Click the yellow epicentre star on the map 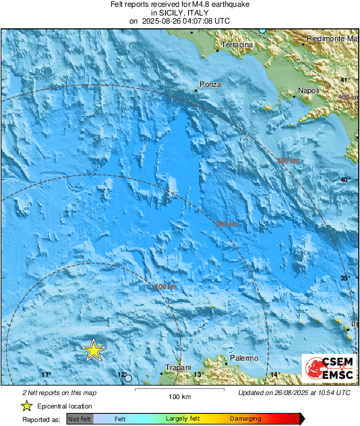94,351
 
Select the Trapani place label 179,367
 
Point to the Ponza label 207,86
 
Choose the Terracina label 237,45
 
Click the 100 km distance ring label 166,288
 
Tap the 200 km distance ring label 227,224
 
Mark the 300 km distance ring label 289,161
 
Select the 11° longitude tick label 46,375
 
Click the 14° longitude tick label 274,375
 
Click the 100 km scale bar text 177,396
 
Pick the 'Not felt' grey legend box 80,419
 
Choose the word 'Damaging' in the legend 245,419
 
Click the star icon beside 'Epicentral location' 26,406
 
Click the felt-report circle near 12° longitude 128,378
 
